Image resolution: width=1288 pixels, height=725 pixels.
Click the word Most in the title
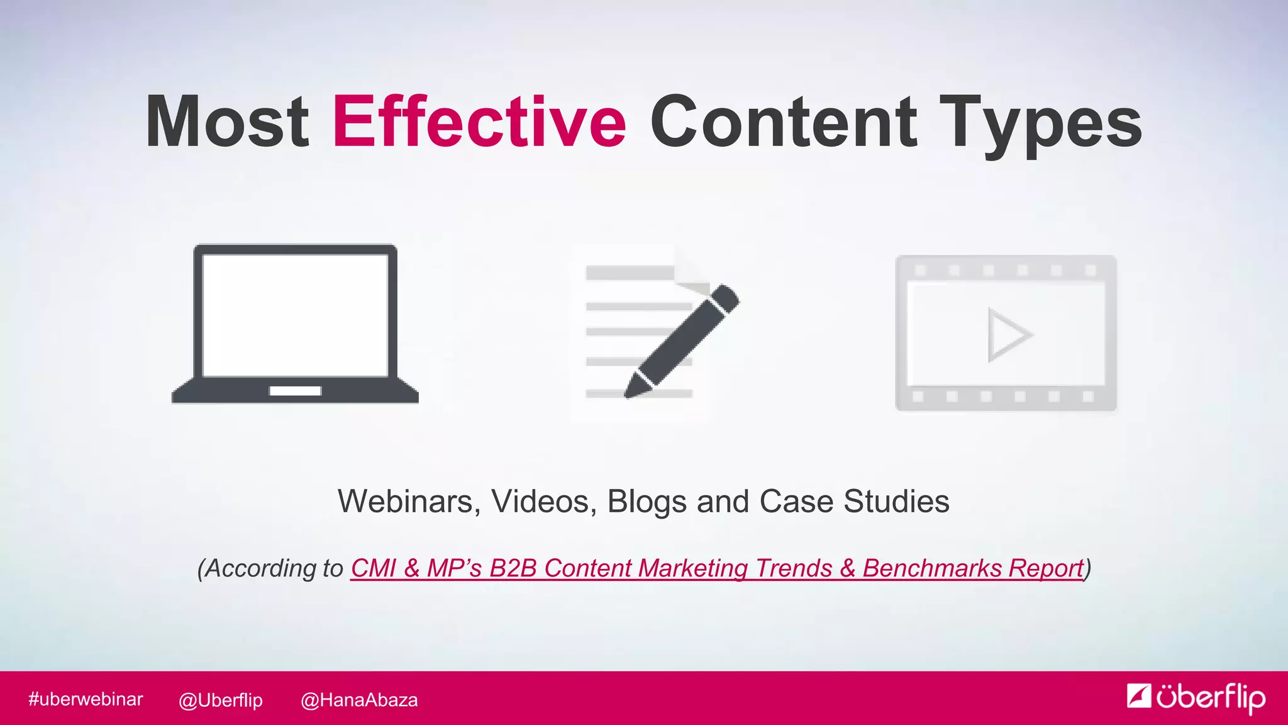[x=227, y=121]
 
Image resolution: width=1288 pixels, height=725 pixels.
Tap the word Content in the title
[x=783, y=121]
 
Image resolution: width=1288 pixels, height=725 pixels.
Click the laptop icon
[x=295, y=324]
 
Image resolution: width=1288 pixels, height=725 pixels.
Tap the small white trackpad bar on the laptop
[x=295, y=391]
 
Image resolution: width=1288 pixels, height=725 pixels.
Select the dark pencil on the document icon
[x=682, y=340]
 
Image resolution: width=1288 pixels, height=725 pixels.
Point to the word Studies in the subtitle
[x=896, y=502]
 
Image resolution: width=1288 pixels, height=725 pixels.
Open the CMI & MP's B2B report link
[x=717, y=568]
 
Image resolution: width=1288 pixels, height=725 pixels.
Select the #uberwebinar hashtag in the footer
[x=86, y=699]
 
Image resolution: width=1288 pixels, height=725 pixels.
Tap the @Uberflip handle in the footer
[x=221, y=700]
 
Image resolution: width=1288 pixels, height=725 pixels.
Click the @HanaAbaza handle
[x=359, y=700]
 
